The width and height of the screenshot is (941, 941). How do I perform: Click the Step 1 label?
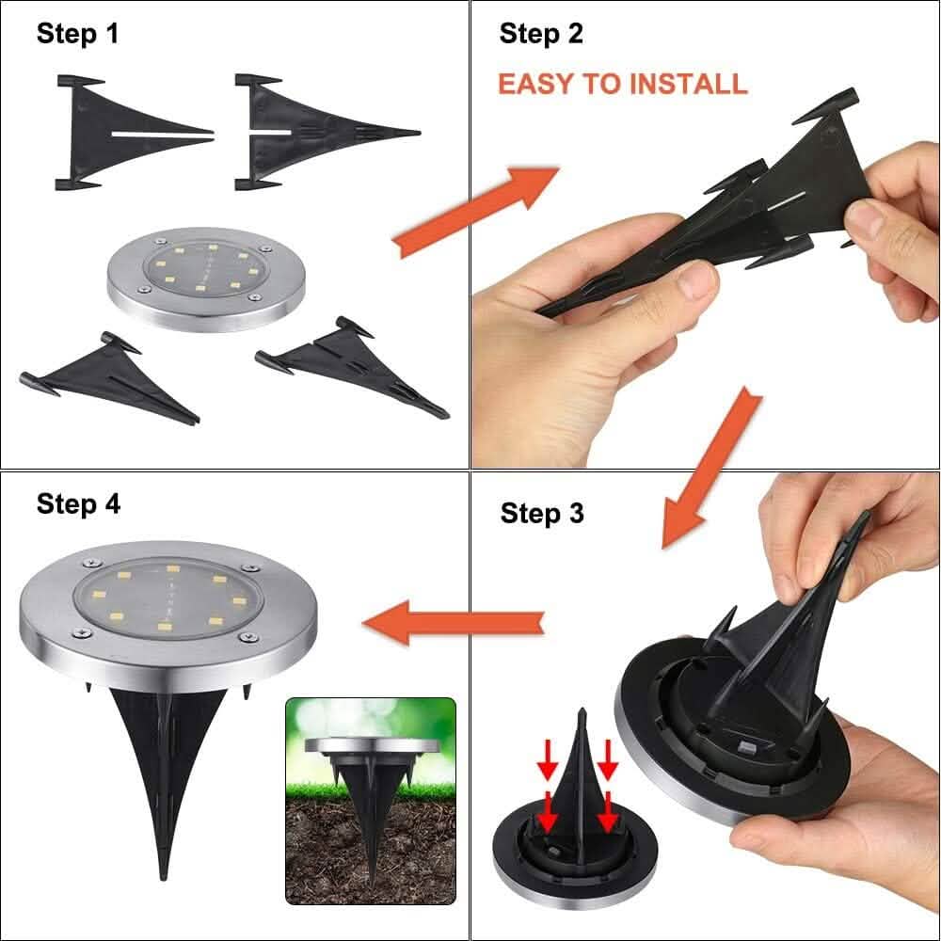point(78,34)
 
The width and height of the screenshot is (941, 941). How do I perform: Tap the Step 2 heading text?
point(541,34)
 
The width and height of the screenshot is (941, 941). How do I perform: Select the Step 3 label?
point(542,514)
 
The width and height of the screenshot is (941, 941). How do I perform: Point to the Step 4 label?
point(78,504)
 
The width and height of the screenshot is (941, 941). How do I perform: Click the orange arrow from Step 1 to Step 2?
point(475,212)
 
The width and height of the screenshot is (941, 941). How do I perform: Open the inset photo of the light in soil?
point(370,800)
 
